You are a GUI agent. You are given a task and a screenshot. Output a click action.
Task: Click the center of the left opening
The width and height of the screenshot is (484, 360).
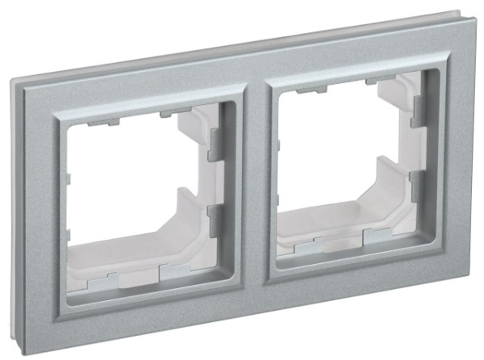click(137, 194)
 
